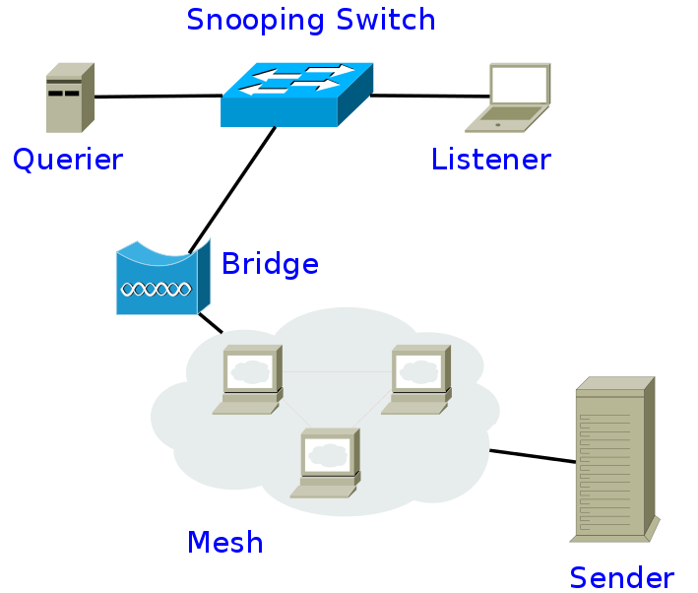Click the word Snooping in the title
(x=256, y=21)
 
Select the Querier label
(x=68, y=160)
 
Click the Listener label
(x=491, y=159)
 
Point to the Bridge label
(x=270, y=264)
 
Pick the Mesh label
(x=225, y=542)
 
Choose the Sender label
(x=622, y=578)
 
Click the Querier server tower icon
(x=70, y=98)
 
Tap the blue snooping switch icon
(x=296, y=95)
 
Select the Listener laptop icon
(x=508, y=98)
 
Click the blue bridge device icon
(x=162, y=278)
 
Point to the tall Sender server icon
(x=614, y=459)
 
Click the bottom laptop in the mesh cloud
(x=326, y=463)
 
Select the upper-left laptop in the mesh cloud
(x=247, y=379)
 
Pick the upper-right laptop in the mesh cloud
(x=416, y=379)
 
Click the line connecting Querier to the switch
(x=159, y=96)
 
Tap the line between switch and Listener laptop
(x=430, y=96)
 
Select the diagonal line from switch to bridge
(x=232, y=190)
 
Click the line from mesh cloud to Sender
(x=533, y=456)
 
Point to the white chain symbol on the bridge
(x=157, y=290)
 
